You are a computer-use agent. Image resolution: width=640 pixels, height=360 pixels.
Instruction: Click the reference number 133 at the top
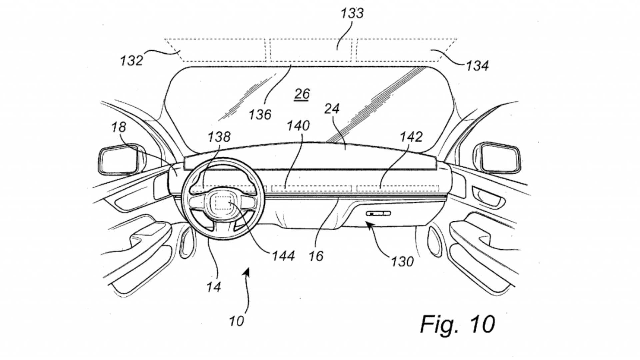352,13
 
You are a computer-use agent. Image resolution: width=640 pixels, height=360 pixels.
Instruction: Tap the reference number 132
131,61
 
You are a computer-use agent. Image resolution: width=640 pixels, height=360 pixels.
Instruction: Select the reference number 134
477,66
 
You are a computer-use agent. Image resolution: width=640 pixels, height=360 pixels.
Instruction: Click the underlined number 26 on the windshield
302,94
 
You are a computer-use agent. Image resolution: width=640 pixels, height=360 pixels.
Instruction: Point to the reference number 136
260,115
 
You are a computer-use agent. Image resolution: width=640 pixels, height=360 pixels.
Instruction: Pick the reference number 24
332,109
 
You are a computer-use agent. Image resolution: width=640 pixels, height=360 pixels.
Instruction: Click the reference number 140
298,126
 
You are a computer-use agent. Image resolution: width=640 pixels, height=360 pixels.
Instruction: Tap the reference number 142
411,137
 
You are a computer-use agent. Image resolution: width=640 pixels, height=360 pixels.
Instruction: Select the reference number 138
219,137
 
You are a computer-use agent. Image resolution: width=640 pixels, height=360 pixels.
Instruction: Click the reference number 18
119,127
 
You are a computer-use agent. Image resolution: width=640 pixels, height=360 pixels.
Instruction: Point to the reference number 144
283,256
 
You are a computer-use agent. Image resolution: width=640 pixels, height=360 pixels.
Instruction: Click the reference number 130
402,262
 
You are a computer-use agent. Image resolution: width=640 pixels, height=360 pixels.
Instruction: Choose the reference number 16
316,256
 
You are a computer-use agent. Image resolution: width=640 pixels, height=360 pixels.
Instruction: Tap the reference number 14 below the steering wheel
213,287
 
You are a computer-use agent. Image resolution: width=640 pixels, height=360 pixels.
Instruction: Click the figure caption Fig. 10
457,324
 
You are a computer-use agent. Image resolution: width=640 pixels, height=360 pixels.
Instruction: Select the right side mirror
498,158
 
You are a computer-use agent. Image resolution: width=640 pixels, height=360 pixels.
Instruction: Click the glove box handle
378,213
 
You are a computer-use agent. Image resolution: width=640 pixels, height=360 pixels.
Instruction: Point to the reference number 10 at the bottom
236,321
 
